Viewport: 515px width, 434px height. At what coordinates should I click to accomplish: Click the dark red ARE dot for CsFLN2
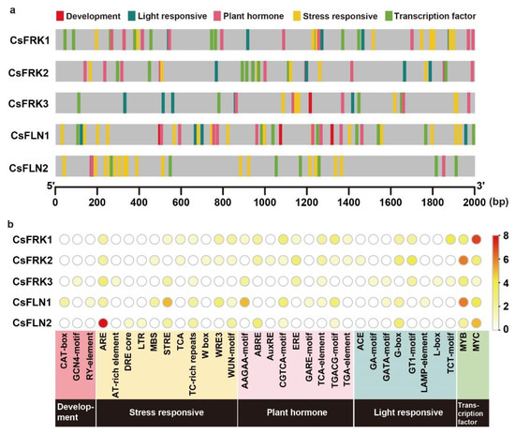coord(104,323)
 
